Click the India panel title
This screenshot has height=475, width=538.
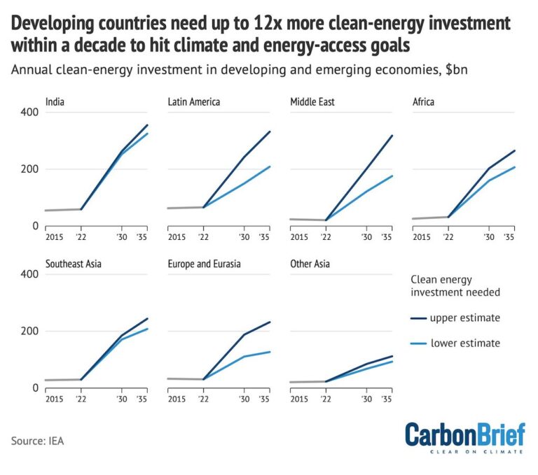55,102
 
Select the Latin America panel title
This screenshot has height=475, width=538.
194,102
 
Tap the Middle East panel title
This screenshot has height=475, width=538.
312,102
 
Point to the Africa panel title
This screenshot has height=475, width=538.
424,102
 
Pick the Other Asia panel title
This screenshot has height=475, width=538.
310,264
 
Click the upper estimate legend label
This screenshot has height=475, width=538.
465,318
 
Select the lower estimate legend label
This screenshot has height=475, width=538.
465,343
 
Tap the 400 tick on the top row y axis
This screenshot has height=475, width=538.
29,113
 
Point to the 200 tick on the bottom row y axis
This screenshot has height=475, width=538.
29,331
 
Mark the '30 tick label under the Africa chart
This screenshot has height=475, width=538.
489,238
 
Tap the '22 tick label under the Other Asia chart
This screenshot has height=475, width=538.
326,399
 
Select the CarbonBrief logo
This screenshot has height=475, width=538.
464,437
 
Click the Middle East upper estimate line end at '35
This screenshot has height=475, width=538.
392,136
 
